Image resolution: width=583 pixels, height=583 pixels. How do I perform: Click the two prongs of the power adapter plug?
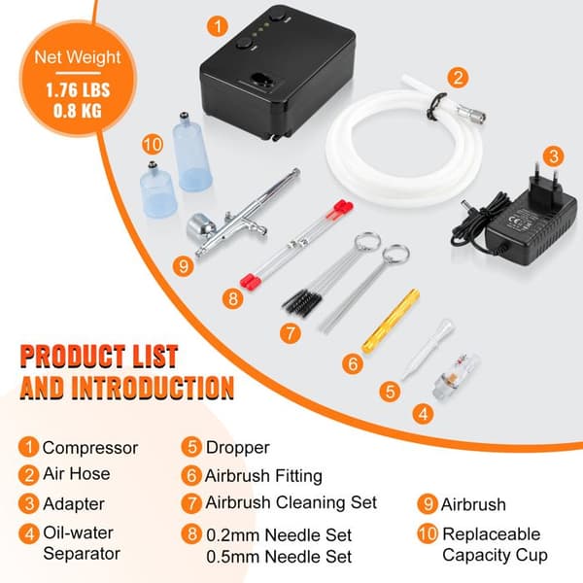pyautogui.click(x=545, y=179)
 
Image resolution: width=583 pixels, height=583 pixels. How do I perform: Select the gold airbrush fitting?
pyautogui.click(x=391, y=322)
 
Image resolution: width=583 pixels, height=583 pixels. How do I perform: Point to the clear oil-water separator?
pyautogui.click(x=456, y=375)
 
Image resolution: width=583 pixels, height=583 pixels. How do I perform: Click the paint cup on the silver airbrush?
pyautogui.click(x=201, y=225)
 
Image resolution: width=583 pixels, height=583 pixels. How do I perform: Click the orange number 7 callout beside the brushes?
pyautogui.click(x=290, y=333)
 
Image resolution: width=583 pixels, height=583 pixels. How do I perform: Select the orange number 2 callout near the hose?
pyautogui.click(x=458, y=78)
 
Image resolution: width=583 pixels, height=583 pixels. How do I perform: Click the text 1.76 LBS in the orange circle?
pyautogui.click(x=78, y=90)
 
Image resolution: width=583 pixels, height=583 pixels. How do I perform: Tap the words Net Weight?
pyautogui.click(x=78, y=57)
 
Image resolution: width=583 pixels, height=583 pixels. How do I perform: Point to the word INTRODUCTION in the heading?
pyautogui.click(x=153, y=388)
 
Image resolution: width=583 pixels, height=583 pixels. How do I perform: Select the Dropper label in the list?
pyautogui.click(x=238, y=448)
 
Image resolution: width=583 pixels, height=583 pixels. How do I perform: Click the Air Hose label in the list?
pyautogui.click(x=76, y=474)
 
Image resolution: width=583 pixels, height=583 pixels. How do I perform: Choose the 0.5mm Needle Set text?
pyautogui.click(x=279, y=557)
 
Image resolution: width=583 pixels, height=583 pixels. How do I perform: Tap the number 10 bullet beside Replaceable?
pyautogui.click(x=428, y=534)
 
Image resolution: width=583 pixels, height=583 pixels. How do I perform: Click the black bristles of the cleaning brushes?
pyautogui.click(x=302, y=299)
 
